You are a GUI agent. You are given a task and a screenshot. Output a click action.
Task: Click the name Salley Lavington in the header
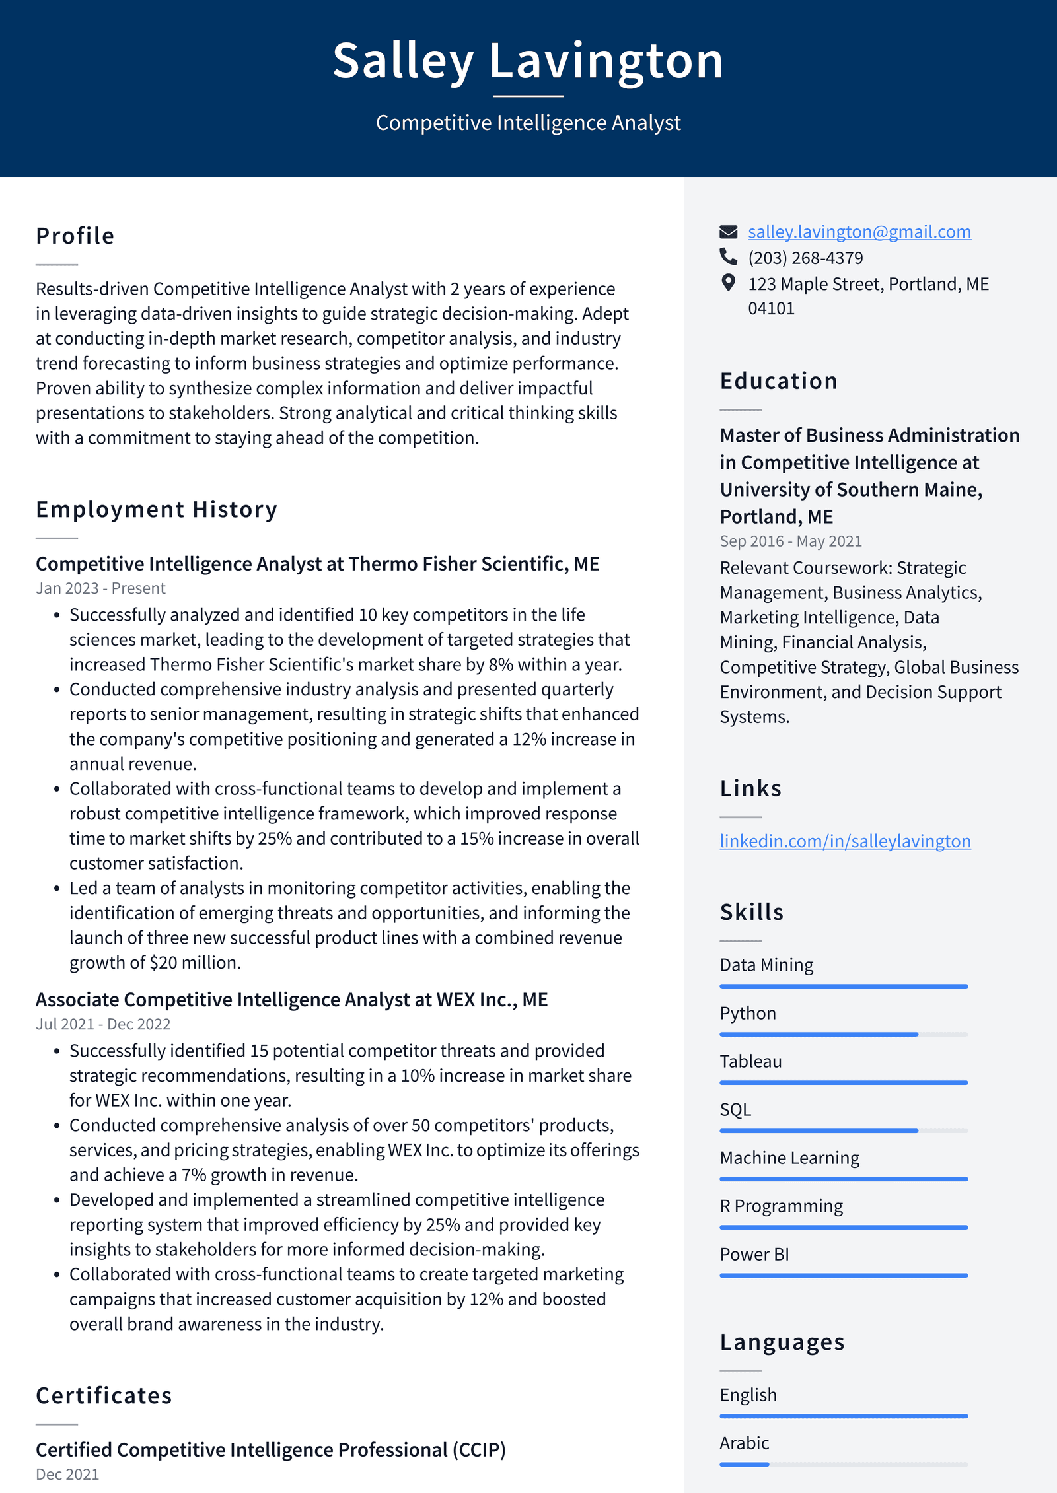point(528,61)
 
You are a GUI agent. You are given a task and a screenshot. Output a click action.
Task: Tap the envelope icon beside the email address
point(728,232)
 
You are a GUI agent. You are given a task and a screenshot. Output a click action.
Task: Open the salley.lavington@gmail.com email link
point(859,232)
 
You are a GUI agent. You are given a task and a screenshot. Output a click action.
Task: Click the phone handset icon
point(728,256)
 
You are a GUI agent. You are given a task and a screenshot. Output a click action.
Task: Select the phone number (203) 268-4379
point(805,258)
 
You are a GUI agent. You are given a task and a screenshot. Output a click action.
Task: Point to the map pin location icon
point(728,283)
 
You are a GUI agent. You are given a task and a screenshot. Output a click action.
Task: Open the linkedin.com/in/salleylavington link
point(845,841)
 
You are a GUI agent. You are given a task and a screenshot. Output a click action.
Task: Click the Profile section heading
point(75,236)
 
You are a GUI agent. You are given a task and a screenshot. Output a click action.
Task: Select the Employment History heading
point(157,509)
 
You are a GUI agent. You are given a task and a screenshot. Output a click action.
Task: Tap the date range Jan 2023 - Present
point(100,588)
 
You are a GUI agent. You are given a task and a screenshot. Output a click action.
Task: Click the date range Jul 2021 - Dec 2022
point(103,1024)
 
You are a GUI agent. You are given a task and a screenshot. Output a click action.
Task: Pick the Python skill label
point(748,1013)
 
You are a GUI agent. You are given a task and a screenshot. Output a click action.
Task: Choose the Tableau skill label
point(750,1061)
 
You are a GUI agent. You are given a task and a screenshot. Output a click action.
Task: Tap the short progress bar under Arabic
point(745,1464)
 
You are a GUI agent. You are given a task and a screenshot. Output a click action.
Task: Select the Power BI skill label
point(754,1254)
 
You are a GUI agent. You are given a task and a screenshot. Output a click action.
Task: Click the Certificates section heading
point(104,1395)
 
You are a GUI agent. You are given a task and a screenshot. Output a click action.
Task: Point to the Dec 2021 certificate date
point(67,1474)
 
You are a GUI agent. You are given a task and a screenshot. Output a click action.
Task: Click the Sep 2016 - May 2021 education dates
point(791,541)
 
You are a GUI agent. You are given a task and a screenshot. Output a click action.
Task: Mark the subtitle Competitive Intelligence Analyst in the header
point(528,123)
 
